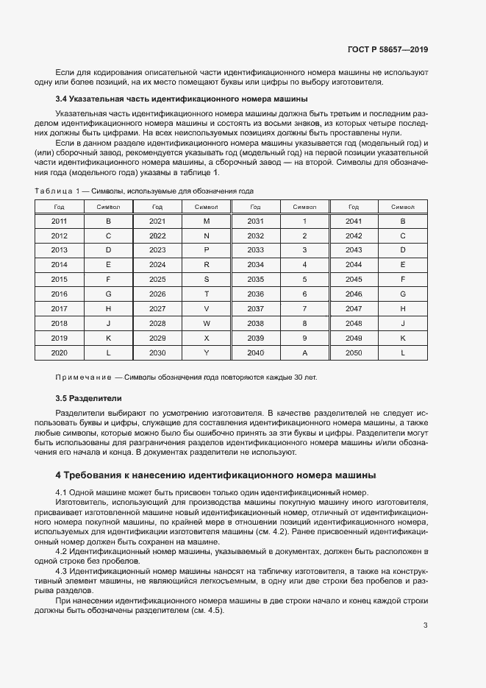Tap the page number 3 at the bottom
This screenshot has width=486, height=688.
click(425, 606)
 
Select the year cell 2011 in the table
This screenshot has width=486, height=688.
click(59, 221)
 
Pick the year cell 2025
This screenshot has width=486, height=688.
click(157, 280)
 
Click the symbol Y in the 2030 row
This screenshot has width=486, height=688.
click(207, 353)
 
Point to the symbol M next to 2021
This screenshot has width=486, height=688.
click(207, 221)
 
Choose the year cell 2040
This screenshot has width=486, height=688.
click(255, 353)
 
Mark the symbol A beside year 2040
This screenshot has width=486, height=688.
click(304, 353)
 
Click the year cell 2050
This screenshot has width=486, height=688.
click(354, 353)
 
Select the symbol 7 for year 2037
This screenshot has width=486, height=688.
click(304, 309)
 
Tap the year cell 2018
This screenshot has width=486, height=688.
click(59, 324)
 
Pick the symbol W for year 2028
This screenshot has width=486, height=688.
click(207, 324)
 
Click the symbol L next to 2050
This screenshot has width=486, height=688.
click(403, 353)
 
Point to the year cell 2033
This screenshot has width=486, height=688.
click(255, 250)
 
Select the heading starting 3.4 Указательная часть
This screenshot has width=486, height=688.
click(181, 99)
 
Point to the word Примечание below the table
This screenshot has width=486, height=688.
click(83, 377)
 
